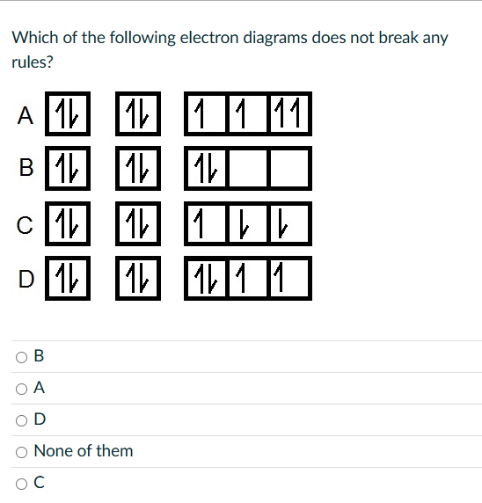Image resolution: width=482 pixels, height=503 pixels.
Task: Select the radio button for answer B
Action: (20, 356)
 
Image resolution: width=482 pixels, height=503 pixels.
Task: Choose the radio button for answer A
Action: (20, 388)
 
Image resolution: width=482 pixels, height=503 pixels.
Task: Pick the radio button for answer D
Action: (20, 419)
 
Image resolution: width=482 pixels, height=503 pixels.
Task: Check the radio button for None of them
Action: (20, 451)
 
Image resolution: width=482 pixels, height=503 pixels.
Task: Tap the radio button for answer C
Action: (20, 482)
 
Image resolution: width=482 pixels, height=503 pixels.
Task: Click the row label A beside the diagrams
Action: (26, 115)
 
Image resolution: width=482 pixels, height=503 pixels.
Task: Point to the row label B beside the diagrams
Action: (26, 165)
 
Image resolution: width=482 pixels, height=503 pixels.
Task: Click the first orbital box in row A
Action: (66, 114)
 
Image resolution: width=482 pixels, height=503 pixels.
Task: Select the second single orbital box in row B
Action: (137, 165)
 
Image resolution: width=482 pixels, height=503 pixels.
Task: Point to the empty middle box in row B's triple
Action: (248, 166)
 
